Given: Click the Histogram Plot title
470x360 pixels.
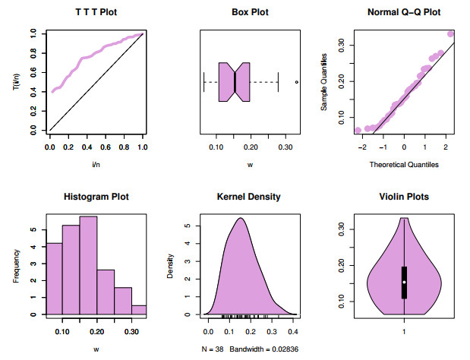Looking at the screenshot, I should (95, 197).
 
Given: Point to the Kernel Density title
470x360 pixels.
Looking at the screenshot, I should (250, 197).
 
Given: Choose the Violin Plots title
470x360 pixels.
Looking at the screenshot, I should (403, 197).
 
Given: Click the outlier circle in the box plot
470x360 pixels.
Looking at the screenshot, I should (296, 81).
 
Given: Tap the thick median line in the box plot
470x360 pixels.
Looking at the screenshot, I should (236, 81).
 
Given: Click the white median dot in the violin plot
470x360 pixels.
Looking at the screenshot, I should (404, 282).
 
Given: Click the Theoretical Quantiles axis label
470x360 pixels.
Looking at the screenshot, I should (403, 165).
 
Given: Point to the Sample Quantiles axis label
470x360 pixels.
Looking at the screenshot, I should (324, 82).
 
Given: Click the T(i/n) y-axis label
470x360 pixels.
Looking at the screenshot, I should (14, 82).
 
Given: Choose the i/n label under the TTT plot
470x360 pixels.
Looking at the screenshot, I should (95, 165).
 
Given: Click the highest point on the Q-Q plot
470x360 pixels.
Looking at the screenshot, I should (450, 33).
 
